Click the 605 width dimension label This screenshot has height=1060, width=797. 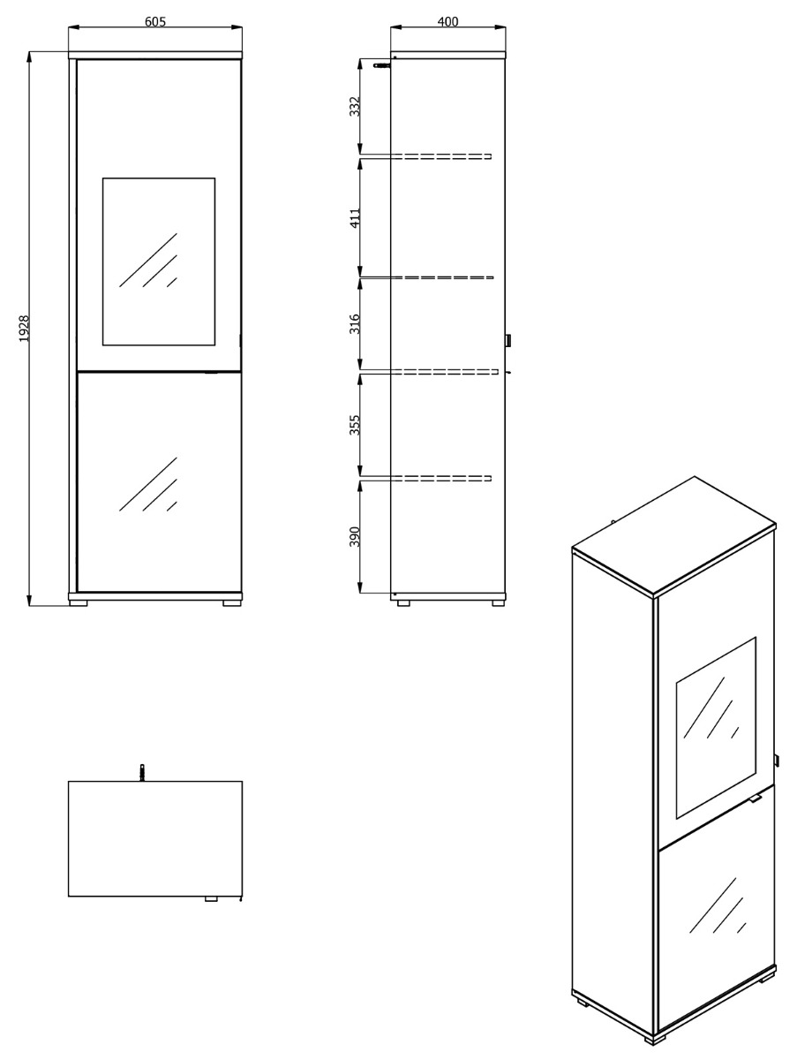tap(155, 22)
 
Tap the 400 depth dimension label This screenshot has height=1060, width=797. tap(447, 22)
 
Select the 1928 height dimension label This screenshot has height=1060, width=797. tap(24, 329)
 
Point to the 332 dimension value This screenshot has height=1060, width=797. tap(355, 106)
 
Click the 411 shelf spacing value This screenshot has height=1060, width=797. tap(355, 218)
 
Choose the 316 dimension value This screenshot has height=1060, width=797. tap(355, 323)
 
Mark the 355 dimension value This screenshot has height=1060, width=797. tap(355, 425)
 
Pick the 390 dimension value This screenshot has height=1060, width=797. tap(355, 536)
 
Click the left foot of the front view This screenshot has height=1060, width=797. tap(79, 602)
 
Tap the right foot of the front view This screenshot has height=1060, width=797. tap(232, 602)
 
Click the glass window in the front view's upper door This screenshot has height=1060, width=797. tap(159, 261)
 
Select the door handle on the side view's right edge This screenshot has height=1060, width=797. tap(508, 340)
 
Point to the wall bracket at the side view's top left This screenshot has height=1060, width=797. tap(383, 65)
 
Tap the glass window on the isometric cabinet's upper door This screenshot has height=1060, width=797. tap(716, 728)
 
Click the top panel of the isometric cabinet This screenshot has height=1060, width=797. tap(674, 536)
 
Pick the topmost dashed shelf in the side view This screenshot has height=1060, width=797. tap(426, 156)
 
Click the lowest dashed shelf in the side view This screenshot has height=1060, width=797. tap(426, 478)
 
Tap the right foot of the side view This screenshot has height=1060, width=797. tap(499, 602)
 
